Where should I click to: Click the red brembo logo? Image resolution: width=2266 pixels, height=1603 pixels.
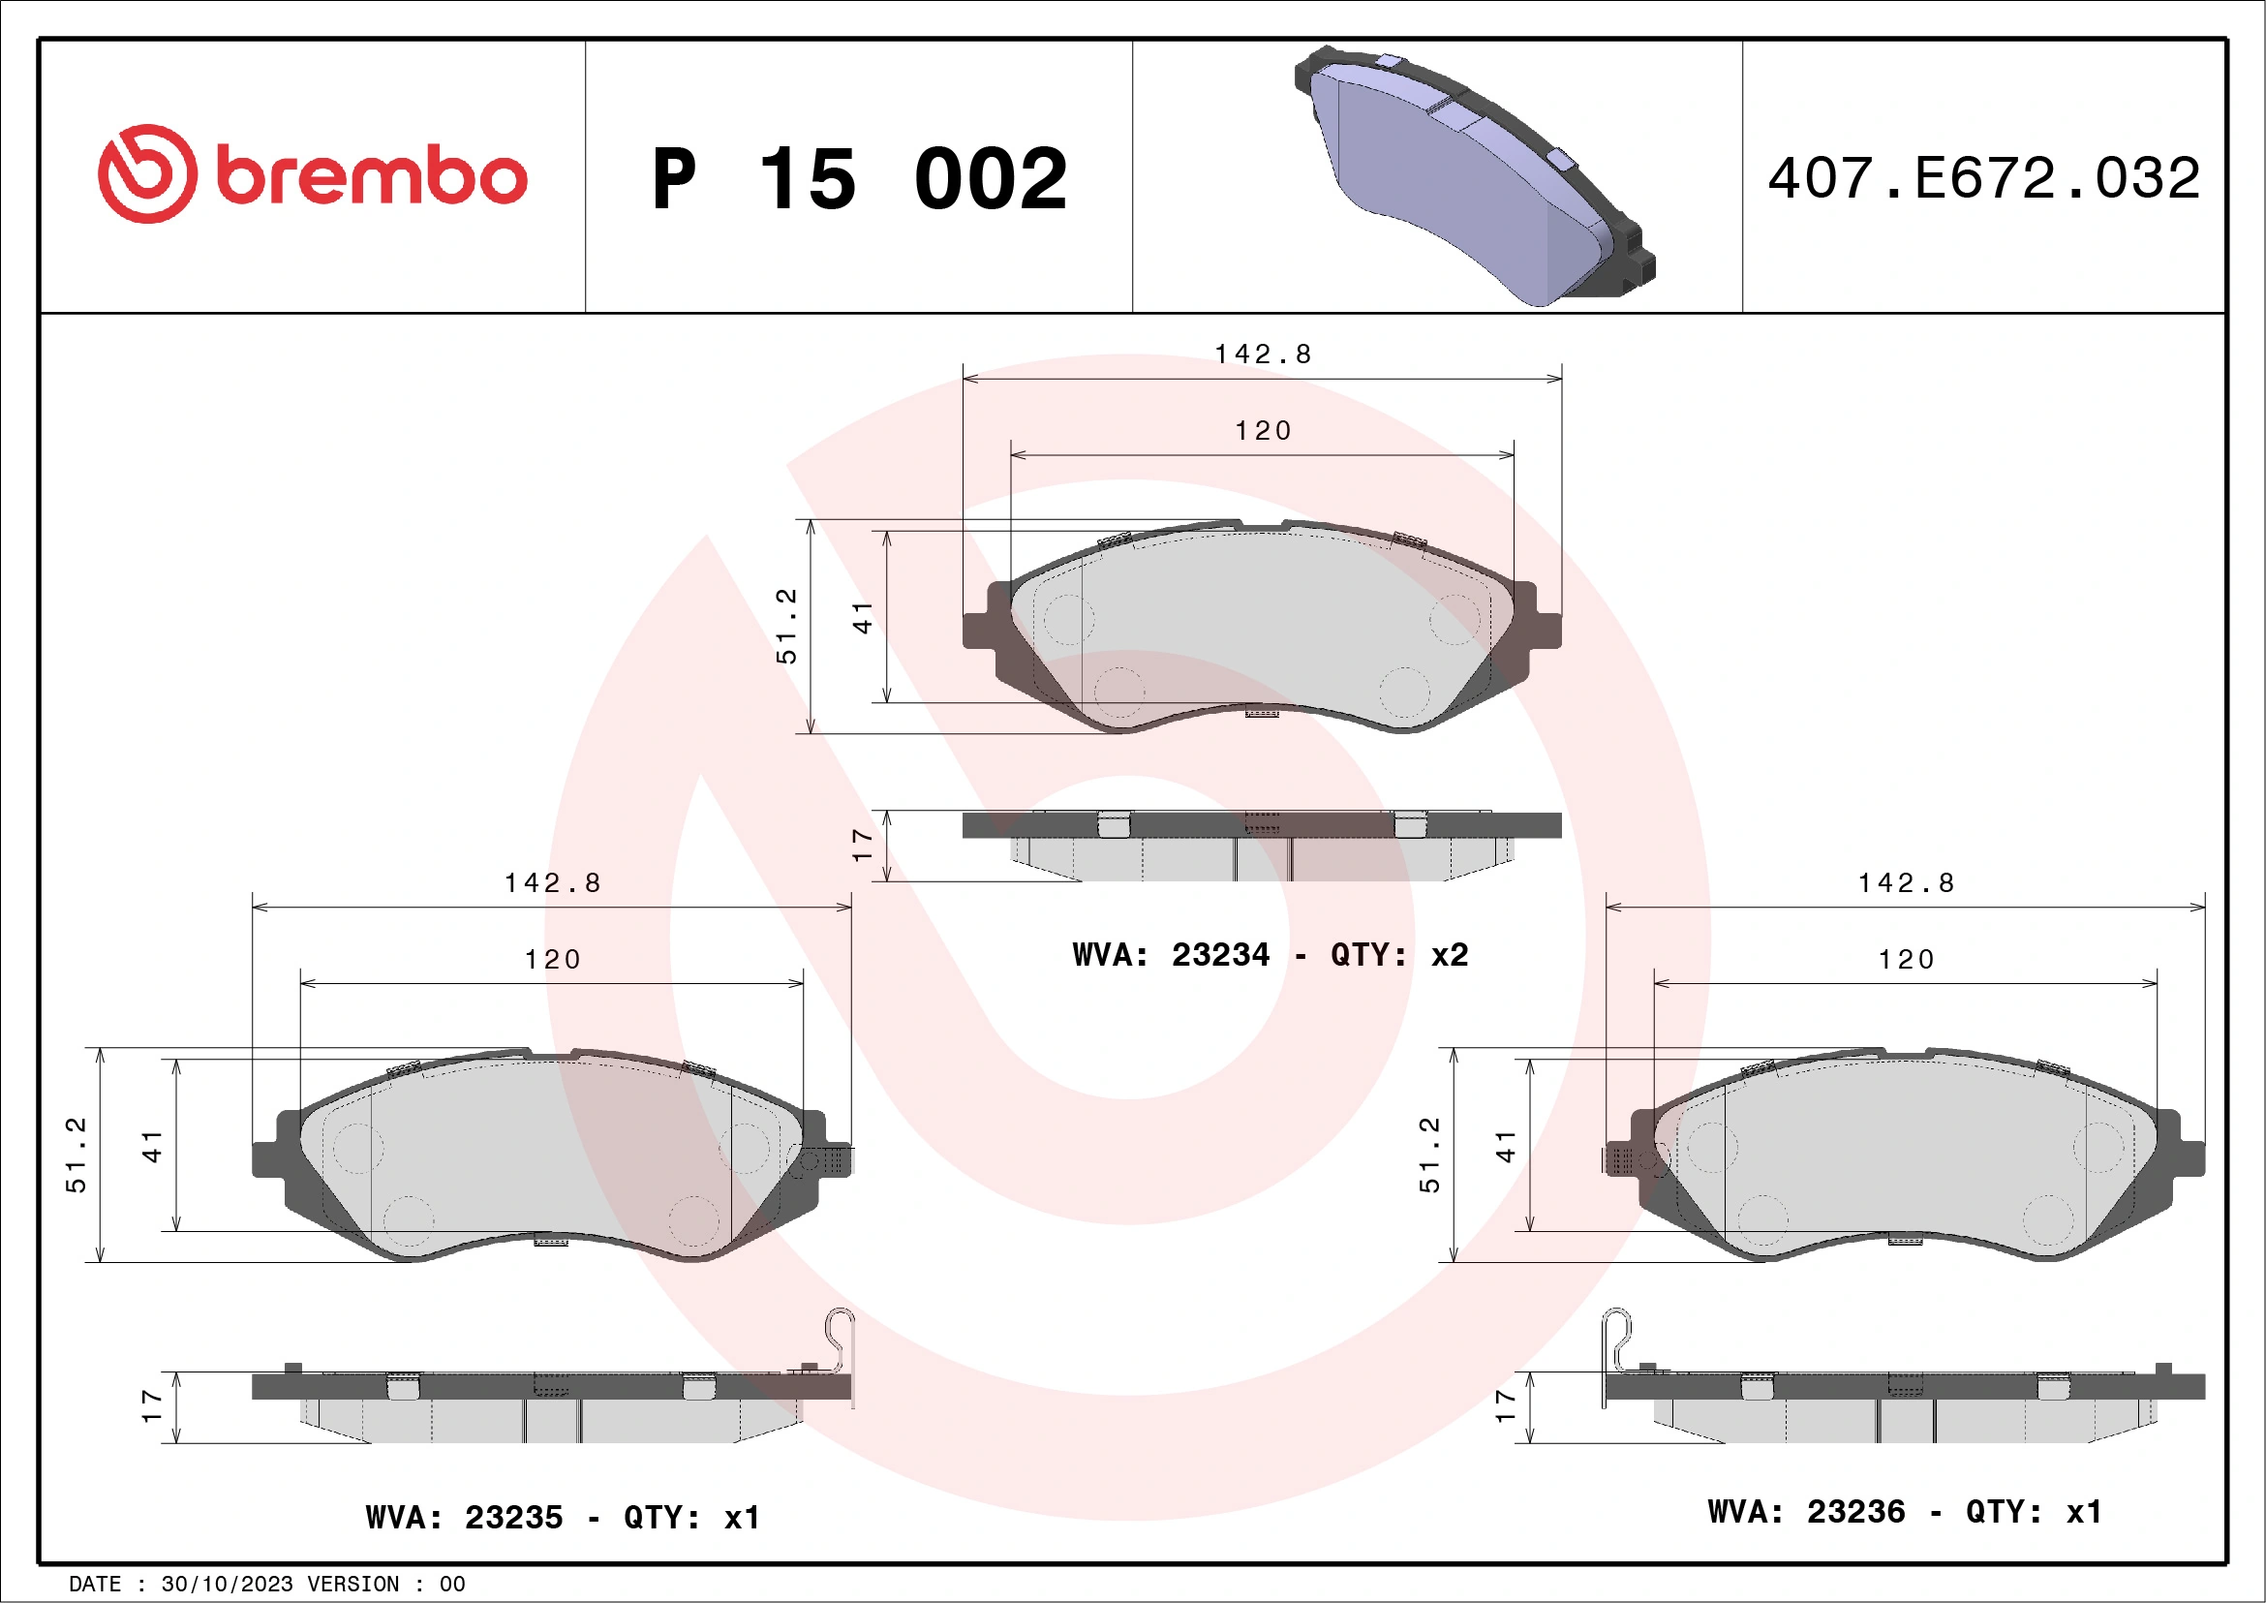pos(312,174)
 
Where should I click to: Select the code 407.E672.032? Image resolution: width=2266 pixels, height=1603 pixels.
pos(1984,178)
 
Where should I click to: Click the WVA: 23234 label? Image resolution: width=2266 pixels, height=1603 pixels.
pos(1171,954)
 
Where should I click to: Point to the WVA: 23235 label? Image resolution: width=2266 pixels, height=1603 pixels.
pos(464,1517)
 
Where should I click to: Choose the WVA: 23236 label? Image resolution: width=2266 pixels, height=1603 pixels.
pos(1806,1511)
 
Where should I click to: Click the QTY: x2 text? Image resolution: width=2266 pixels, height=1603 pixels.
pos(1398,954)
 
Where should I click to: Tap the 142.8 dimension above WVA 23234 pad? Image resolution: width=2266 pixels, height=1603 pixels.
pos(1263,354)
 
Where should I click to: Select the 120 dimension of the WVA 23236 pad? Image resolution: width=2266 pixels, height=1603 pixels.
pos(1905,960)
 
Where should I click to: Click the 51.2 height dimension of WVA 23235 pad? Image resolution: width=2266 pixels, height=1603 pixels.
pos(76,1154)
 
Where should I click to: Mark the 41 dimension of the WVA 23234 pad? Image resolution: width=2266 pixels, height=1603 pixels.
pos(863,617)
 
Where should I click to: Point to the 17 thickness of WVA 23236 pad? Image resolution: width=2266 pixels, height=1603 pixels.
pos(1504,1405)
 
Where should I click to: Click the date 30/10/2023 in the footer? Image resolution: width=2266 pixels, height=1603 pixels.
pos(227,1585)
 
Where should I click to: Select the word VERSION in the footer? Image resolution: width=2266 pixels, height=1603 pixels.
pos(353,1585)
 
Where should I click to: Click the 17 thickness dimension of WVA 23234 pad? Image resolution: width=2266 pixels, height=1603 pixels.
pos(862,845)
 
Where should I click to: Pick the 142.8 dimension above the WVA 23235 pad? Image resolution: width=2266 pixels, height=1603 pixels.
pos(553,882)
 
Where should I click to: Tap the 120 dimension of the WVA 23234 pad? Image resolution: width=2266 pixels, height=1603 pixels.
pos(1263,430)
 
